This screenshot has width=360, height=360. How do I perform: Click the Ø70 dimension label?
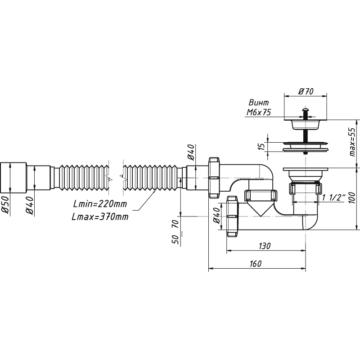(306, 91)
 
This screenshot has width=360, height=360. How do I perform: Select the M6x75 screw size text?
(258, 113)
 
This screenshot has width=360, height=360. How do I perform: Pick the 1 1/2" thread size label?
(334, 197)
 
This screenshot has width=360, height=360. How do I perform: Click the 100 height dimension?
(354, 197)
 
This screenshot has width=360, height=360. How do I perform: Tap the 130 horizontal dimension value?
(265, 246)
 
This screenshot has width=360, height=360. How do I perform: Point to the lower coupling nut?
(232, 216)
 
